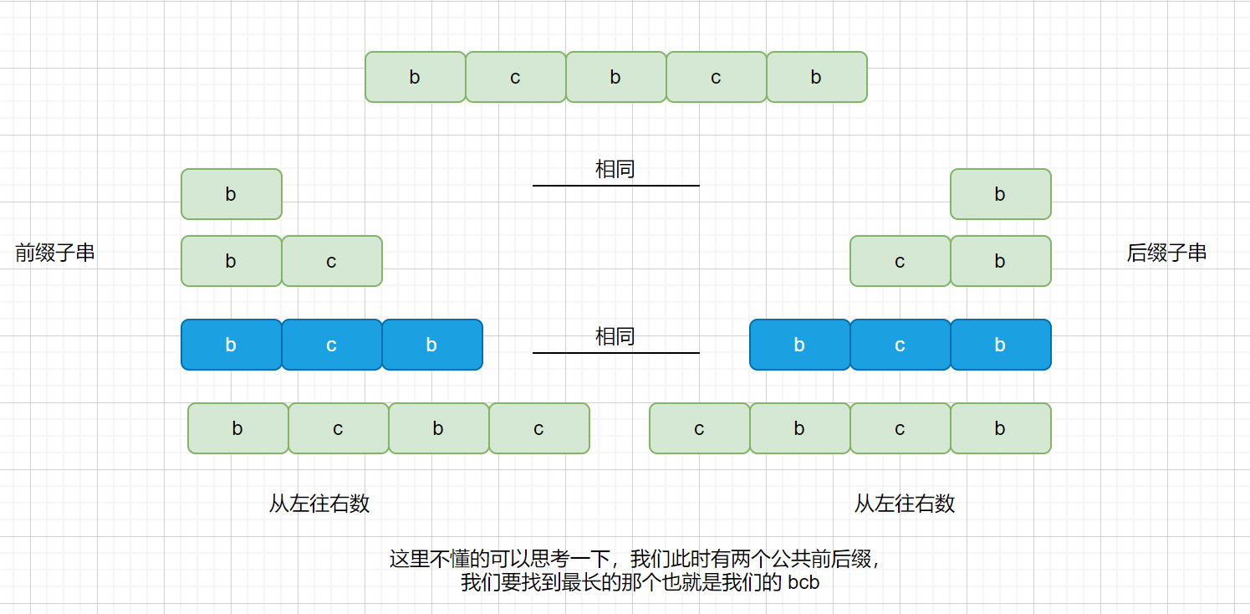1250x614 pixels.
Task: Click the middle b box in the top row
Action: pos(615,77)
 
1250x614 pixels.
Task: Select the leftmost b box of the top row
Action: pos(415,77)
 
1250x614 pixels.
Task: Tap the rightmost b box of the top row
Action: pos(816,77)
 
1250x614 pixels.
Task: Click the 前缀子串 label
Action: pos(55,253)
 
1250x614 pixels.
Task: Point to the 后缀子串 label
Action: pos(1166,253)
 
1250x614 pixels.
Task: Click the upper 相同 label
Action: pos(615,169)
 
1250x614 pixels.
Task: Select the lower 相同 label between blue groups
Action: pos(615,336)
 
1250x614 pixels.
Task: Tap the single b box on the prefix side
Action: pos(231,194)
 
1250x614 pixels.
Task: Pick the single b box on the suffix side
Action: pos(1000,194)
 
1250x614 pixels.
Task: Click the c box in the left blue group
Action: pos(331,345)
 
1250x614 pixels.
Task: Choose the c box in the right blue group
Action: pos(900,345)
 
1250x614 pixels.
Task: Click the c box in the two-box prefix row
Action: pos(331,261)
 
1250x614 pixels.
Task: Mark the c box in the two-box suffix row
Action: pos(900,261)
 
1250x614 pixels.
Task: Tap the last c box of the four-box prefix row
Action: pos(538,428)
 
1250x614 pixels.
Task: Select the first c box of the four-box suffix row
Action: pos(699,428)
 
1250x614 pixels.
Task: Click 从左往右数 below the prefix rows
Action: pos(319,504)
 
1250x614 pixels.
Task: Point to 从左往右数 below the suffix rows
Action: pos(905,504)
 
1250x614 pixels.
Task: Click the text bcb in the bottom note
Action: pos(804,583)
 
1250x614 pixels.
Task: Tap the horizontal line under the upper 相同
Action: pos(615,186)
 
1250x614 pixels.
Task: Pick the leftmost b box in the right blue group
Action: pos(799,345)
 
